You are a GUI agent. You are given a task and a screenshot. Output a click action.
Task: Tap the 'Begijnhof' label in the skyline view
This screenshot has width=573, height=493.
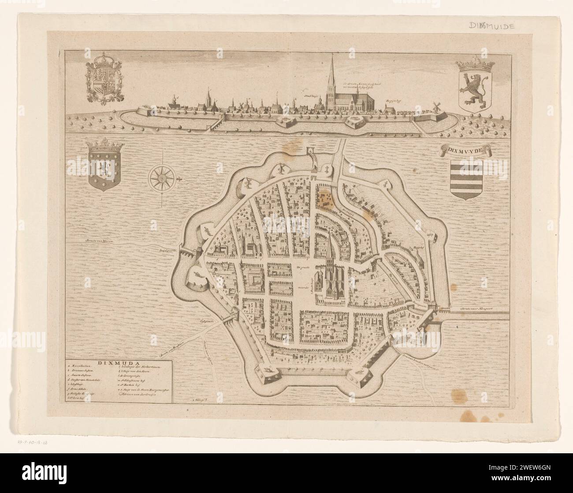click(392, 101)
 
